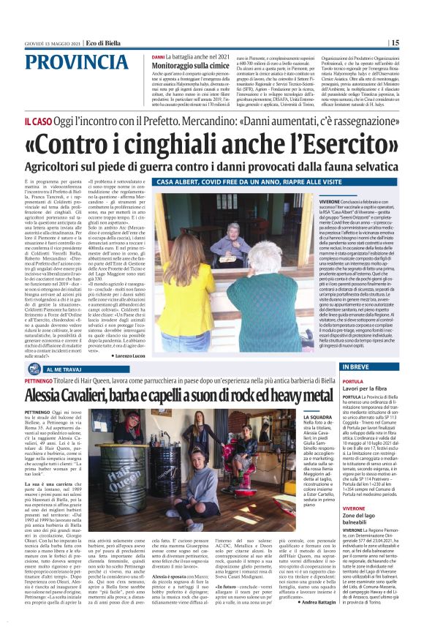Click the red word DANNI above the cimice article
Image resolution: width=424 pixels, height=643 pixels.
(x=158, y=56)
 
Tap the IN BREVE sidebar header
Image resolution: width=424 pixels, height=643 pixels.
(x=352, y=366)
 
